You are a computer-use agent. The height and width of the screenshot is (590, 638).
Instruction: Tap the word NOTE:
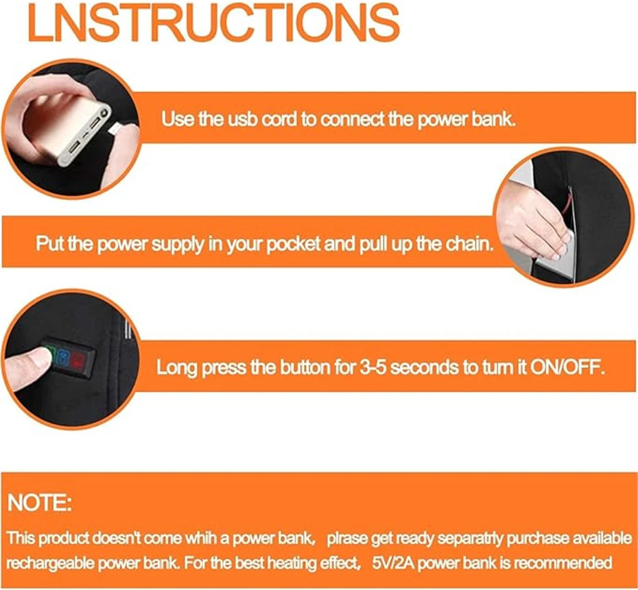pyautogui.click(x=40, y=504)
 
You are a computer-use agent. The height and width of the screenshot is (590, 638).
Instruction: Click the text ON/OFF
pyautogui.click(x=567, y=367)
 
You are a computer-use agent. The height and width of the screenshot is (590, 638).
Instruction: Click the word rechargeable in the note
pyautogui.click(x=47, y=563)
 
